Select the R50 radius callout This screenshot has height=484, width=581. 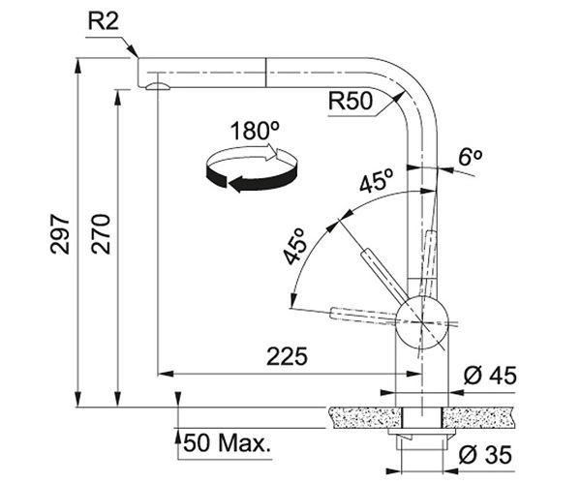351,101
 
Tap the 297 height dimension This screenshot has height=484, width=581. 61,234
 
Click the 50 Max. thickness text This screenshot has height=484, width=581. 228,444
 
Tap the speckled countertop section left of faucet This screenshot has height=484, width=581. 363,416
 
